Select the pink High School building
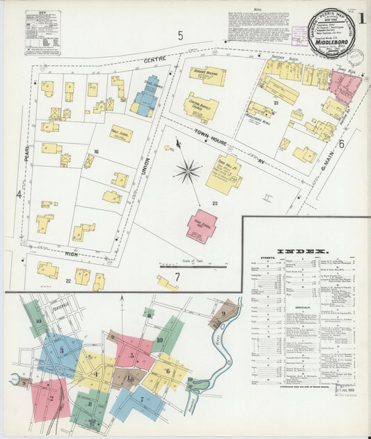tap(201, 226)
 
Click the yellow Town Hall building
tap(223, 173)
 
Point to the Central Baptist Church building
tap(201, 107)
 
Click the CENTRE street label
tap(155, 61)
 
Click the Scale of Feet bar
tap(183, 265)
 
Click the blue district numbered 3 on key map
tap(61, 351)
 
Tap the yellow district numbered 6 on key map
tap(167, 372)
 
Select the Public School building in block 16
tap(120, 133)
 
